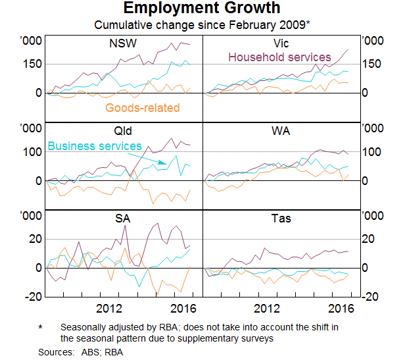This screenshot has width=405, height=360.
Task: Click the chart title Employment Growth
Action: point(202,9)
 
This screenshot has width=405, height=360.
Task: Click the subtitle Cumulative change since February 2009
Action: point(202,25)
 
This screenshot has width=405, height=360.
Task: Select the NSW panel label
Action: point(123,44)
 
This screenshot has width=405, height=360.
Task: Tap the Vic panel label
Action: point(281,44)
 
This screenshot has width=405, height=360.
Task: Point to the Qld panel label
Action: point(123,130)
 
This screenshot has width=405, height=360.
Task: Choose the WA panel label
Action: point(281,130)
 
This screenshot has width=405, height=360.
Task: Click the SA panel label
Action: point(123,219)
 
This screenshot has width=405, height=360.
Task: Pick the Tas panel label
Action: point(281,219)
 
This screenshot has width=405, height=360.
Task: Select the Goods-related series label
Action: point(142,108)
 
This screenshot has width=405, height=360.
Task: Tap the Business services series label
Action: point(95,146)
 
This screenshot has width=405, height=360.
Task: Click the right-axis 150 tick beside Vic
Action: point(373,64)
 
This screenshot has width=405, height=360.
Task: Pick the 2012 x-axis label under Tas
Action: point(266,309)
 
